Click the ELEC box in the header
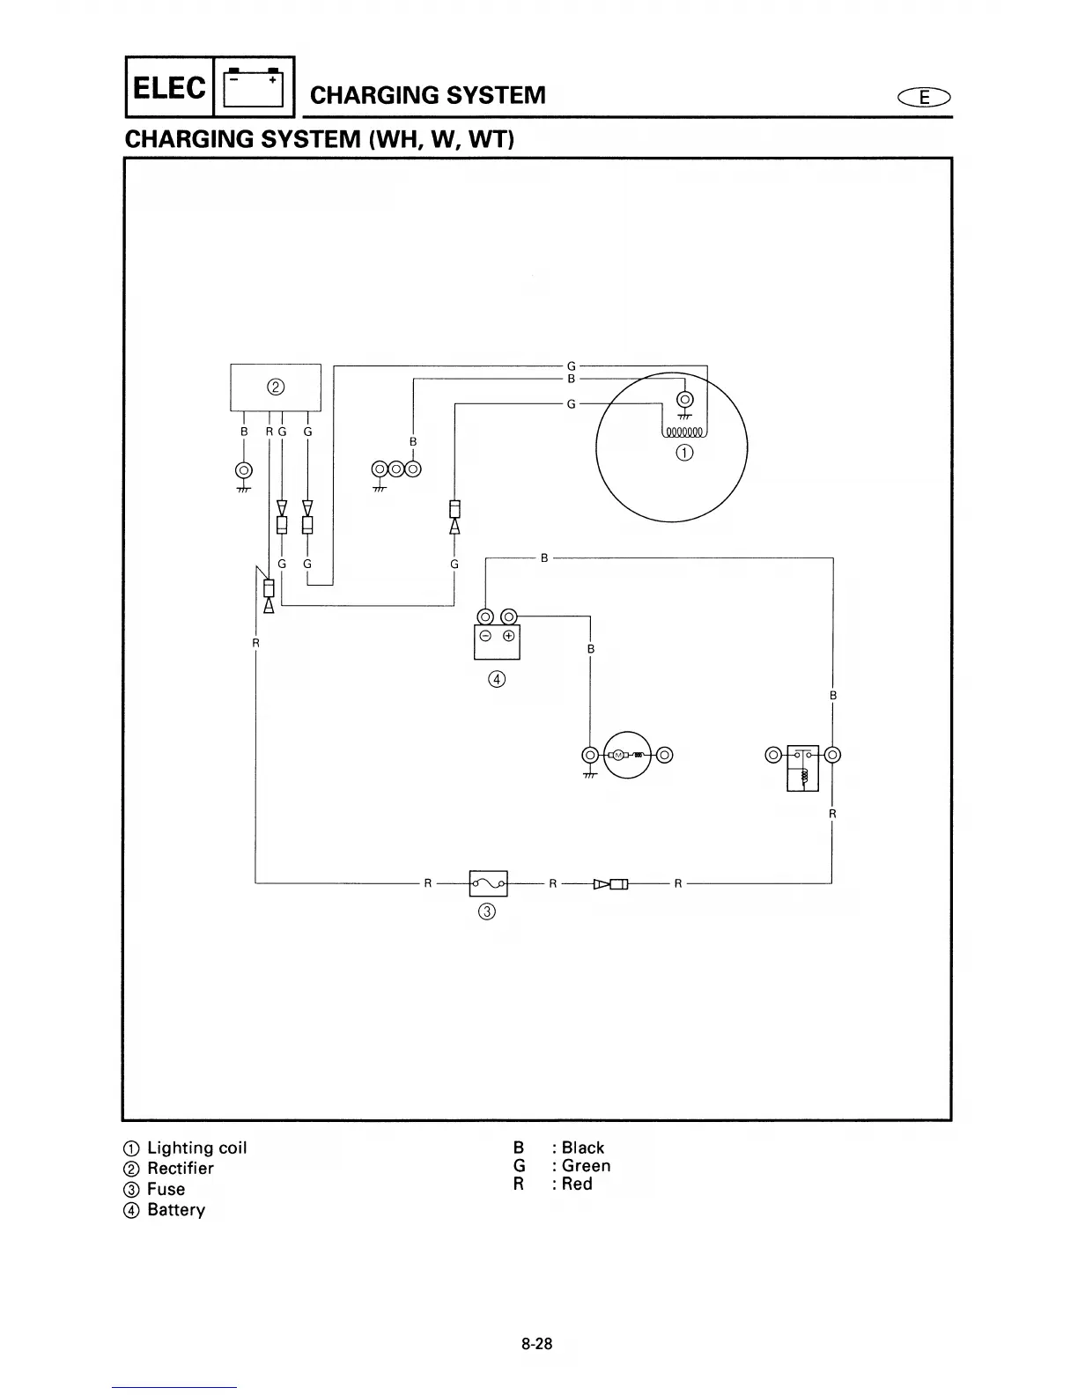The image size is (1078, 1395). (170, 87)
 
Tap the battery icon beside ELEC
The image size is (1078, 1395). (253, 87)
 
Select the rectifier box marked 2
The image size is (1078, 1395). (276, 387)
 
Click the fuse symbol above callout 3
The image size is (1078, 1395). (489, 882)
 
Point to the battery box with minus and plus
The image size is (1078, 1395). (497, 641)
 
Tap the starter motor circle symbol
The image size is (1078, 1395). (627, 755)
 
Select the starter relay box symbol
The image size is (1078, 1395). (802, 767)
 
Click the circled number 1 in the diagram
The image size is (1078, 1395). (684, 453)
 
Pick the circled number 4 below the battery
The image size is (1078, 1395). (497, 679)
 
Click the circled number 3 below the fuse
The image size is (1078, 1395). (487, 912)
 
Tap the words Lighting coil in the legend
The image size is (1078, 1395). (196, 1148)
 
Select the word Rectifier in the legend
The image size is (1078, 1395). (180, 1169)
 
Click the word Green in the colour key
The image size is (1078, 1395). (586, 1166)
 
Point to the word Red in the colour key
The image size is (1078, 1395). (577, 1185)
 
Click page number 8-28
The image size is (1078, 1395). (536, 1344)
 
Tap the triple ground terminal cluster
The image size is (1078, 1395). (396, 469)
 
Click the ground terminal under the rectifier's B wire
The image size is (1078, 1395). (244, 469)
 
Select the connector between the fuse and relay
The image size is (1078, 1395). (610, 883)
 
